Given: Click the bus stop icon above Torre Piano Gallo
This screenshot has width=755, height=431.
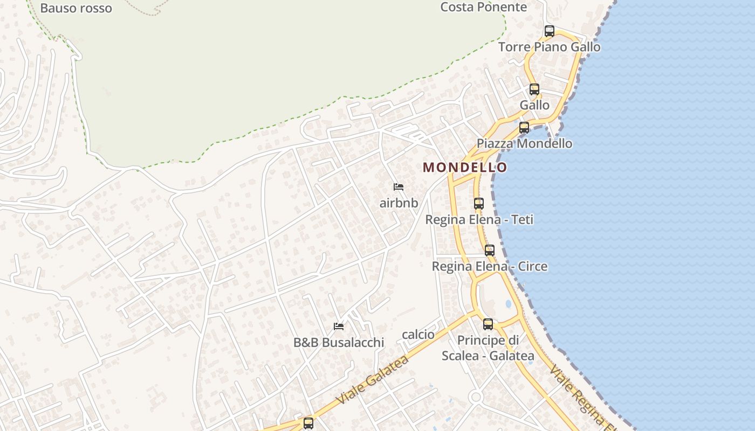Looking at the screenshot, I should (550, 31).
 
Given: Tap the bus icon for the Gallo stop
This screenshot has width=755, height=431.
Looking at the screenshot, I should (534, 89).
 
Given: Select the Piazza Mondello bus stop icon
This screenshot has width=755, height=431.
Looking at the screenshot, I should (524, 128).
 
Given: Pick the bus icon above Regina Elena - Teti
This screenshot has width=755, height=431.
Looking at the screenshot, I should (479, 204).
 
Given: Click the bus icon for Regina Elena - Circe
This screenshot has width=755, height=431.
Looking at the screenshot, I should (490, 251).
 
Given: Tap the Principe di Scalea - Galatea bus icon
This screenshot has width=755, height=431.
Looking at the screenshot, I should (488, 324).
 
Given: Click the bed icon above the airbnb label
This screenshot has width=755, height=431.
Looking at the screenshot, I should (399, 187).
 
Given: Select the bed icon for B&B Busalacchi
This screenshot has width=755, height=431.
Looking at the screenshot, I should (339, 326).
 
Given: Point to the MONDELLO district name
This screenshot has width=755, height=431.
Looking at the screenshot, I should (465, 168).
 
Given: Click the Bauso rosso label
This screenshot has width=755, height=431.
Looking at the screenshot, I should (76, 8).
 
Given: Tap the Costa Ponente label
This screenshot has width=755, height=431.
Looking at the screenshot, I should (483, 7).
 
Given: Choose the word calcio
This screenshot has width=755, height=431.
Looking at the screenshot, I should (418, 335).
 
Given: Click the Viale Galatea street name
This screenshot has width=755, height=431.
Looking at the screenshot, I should (373, 380).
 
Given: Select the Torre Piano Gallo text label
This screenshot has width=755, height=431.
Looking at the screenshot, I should (549, 47).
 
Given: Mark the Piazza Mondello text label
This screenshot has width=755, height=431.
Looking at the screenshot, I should (524, 144).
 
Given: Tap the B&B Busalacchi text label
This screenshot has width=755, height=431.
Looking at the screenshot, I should (339, 343).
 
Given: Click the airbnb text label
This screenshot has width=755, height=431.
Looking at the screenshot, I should (399, 203).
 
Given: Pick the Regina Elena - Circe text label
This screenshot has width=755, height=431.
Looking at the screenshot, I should (490, 267).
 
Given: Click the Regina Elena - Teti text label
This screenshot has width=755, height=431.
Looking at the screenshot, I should (479, 220).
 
